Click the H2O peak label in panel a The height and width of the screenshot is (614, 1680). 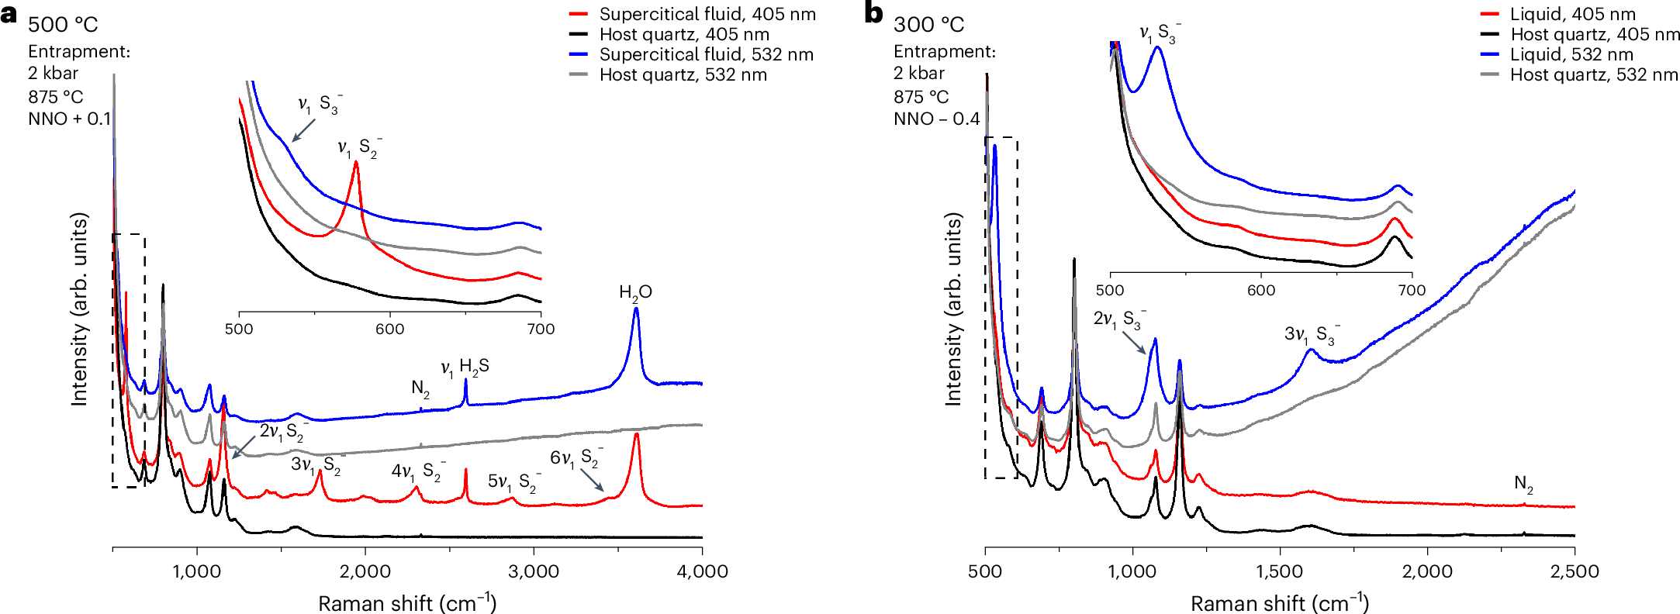click(635, 292)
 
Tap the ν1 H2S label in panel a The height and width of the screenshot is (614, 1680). click(465, 367)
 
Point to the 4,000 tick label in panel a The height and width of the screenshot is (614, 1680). click(702, 572)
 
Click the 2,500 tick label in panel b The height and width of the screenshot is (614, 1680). click(1575, 572)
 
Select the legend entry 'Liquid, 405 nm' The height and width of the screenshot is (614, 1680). click(1572, 14)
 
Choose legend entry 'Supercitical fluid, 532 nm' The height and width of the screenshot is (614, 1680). click(706, 54)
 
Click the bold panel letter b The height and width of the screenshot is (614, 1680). click(874, 13)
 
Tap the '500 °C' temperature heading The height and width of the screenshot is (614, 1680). click(63, 25)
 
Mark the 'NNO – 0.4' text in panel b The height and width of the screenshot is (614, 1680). click(936, 119)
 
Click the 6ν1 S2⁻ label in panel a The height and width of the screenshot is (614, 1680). click(576, 457)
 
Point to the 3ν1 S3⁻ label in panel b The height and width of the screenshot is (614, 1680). click(1312, 335)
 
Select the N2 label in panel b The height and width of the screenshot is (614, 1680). click(1523, 484)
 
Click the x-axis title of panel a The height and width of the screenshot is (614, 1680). click(407, 602)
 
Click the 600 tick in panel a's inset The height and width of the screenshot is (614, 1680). click(389, 329)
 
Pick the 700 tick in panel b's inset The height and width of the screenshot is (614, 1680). click(1412, 290)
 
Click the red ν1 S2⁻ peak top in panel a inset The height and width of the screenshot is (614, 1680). click(356, 162)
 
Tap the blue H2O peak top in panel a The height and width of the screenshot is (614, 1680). click(636, 309)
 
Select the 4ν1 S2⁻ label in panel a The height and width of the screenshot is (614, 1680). click(416, 471)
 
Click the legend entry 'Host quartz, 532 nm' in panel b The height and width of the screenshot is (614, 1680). click(1594, 74)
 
